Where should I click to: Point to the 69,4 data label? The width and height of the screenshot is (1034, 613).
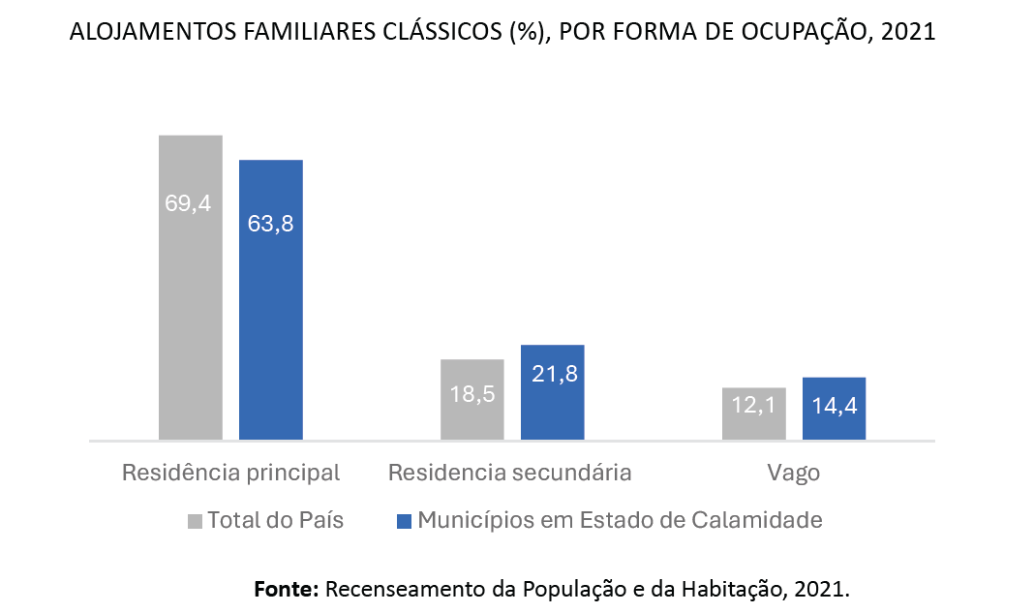188,204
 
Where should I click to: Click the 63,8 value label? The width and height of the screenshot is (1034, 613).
270,224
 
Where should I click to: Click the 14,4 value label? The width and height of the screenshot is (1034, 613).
834,406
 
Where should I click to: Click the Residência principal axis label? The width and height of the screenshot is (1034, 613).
231,474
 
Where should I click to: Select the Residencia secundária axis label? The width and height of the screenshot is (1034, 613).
510,474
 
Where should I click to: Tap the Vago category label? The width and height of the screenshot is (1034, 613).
794,474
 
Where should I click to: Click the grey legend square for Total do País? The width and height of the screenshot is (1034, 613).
195,521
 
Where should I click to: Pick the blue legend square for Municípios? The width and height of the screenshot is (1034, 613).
404,521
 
